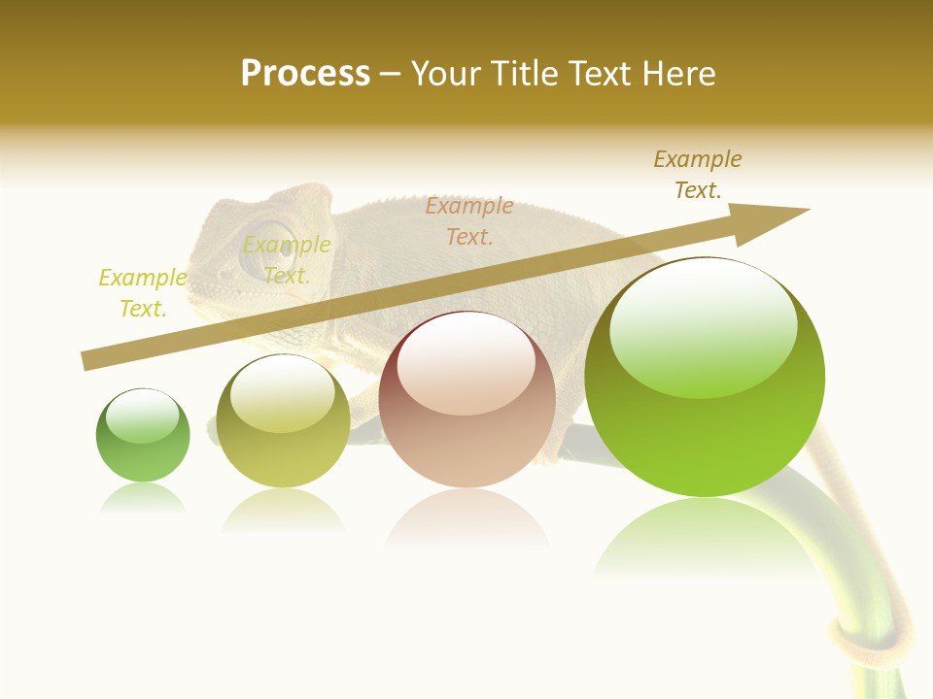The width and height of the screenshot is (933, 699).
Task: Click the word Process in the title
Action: click(305, 74)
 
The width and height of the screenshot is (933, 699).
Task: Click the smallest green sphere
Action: click(143, 437)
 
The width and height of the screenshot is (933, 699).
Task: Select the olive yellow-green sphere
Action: click(283, 422)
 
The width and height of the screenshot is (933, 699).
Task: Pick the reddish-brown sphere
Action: click(467, 400)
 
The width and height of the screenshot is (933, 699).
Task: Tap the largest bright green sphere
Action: click(705, 379)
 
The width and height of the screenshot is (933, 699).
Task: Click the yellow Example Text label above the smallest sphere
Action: click(143, 293)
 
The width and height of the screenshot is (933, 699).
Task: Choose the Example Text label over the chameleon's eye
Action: click(287, 260)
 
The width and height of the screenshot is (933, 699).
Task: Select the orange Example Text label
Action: click(469, 221)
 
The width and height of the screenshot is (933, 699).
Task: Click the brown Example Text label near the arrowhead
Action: click(698, 175)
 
